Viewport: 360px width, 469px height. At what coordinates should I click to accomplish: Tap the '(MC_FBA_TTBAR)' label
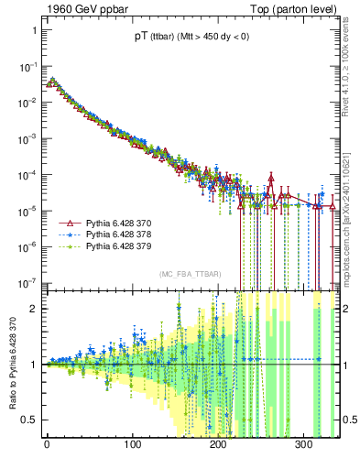tap(189, 275)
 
